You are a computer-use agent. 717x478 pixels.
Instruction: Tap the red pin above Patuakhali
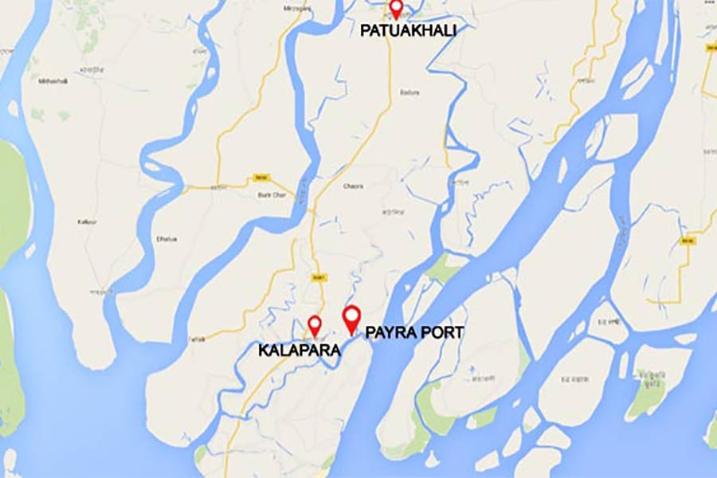pos(396,9)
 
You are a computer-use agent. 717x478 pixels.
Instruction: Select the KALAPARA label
pos(299,350)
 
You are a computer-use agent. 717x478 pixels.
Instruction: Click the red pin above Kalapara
pos(315,324)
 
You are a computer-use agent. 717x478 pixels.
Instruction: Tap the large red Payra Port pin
pos(351,318)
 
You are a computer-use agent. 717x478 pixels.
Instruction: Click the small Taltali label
pos(197,338)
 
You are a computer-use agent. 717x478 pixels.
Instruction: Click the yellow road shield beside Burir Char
pos(260,177)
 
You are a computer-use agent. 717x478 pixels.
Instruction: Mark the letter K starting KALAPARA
pos(262,350)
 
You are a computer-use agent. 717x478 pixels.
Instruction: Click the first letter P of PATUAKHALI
pos(366,32)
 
